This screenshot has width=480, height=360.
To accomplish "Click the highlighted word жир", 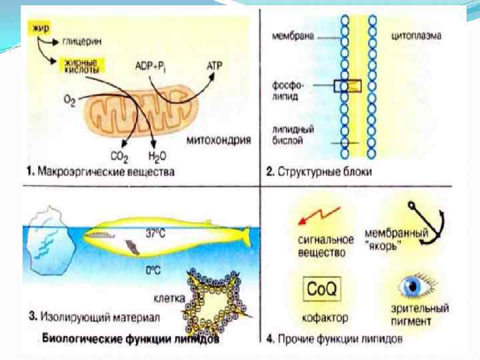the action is pos(36,29).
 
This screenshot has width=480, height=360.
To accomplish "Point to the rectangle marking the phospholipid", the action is pos(347,85).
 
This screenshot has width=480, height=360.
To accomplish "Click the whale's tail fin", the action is pos(243,235).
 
